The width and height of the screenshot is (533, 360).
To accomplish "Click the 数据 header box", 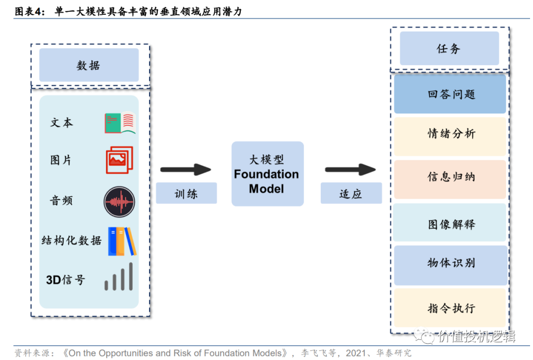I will click(89, 65).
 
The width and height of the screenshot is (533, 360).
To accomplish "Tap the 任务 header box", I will click(449, 48).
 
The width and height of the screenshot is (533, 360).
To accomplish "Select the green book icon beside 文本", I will click(120, 123).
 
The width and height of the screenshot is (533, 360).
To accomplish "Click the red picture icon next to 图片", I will click(119, 160).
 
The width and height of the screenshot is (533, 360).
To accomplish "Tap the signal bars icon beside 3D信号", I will click(119, 277).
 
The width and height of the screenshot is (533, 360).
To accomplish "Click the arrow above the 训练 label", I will click(186, 170).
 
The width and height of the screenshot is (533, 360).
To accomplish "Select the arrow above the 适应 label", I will click(350, 170).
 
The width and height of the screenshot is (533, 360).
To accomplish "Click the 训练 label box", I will click(186, 193).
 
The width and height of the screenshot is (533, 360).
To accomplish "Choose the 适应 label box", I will click(351, 193).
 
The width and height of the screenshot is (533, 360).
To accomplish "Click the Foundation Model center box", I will click(267, 174).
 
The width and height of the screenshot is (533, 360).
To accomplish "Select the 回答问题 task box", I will click(450, 94).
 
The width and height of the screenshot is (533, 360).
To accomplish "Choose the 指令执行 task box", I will click(450, 308).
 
